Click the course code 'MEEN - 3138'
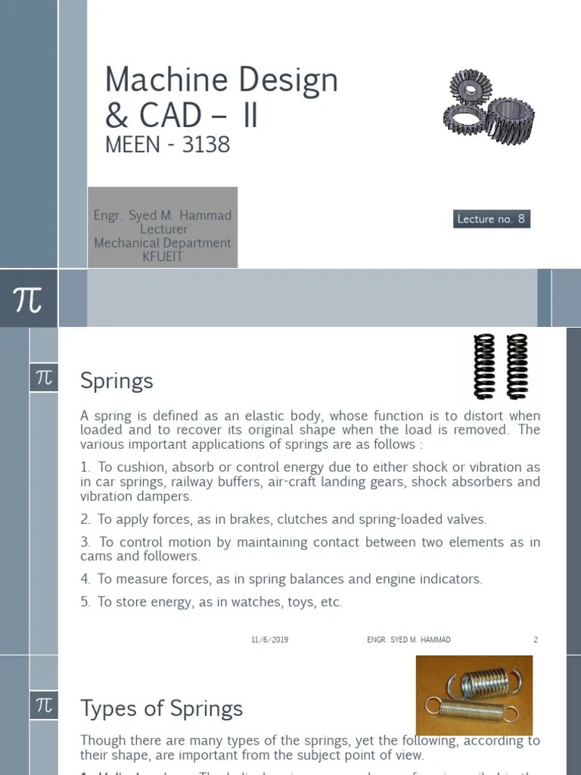point(167,144)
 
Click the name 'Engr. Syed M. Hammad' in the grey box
point(163,216)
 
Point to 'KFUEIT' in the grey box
point(163,257)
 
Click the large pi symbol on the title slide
point(28,299)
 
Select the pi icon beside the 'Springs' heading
point(44,377)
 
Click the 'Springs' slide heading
point(117,381)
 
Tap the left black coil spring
point(483,366)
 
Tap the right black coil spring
point(517,366)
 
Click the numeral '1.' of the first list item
point(85,468)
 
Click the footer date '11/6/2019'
point(269,640)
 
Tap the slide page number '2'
point(536,640)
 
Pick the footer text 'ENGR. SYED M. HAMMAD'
point(409,640)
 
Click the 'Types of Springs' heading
point(161,708)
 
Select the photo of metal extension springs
point(474,696)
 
